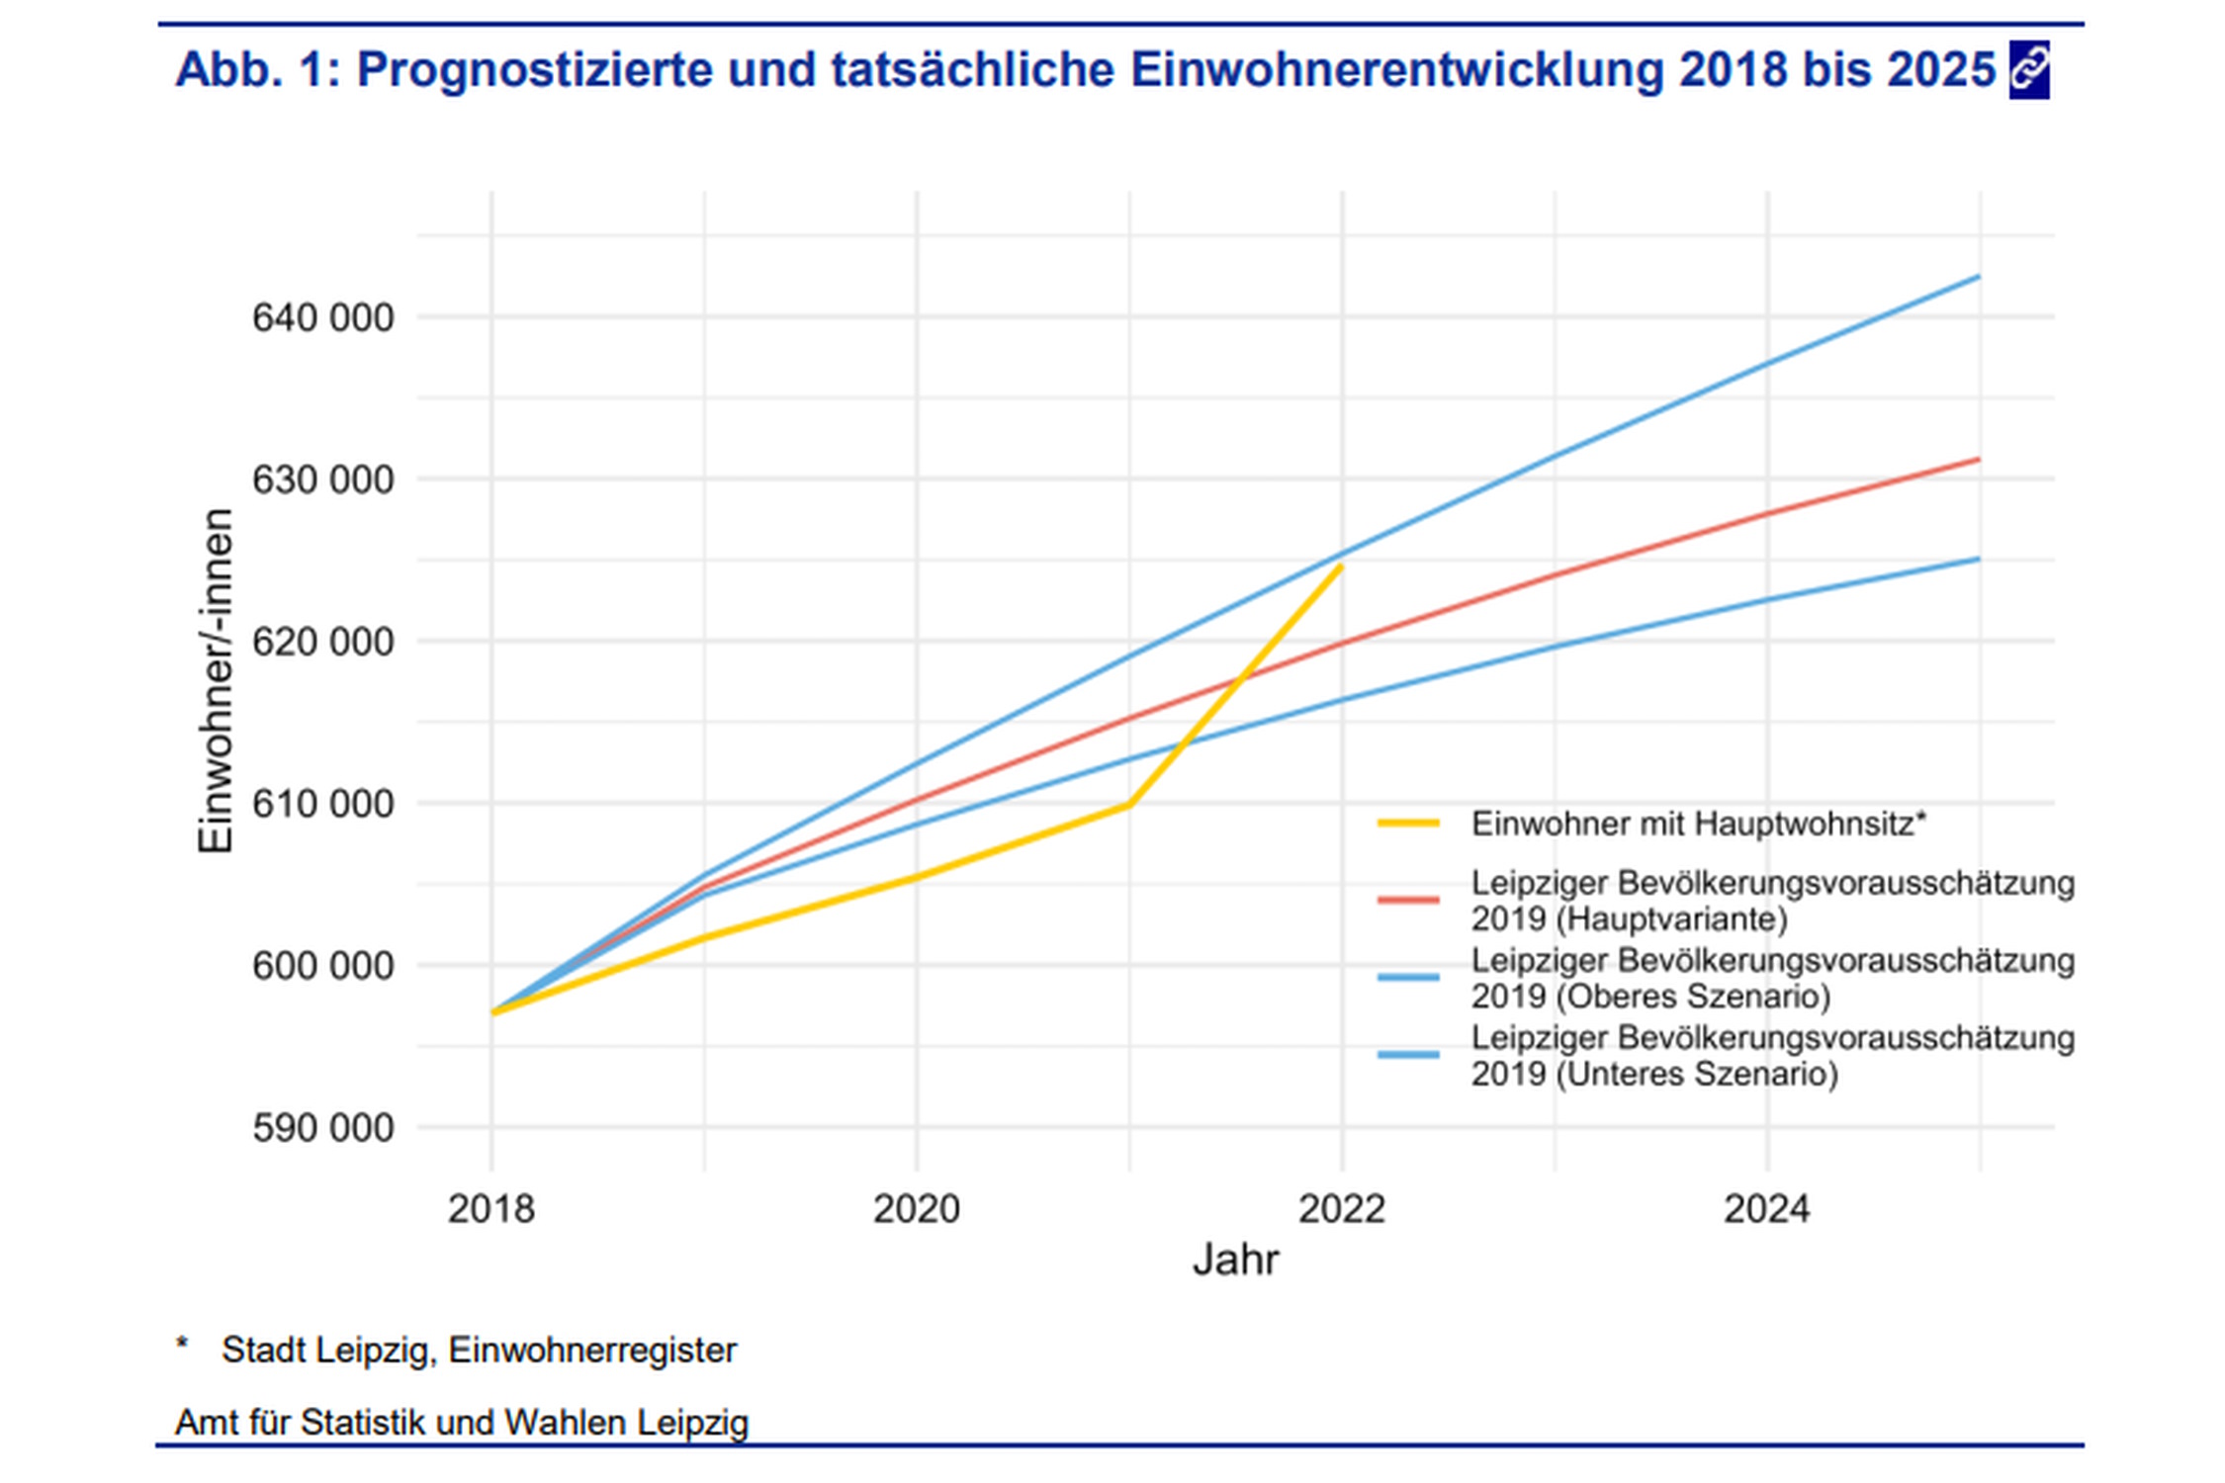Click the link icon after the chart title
pos(2028,70)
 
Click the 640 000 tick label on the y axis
pos(322,318)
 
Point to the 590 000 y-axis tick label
pos(322,1128)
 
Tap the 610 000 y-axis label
pos(322,804)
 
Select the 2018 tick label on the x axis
pos(490,1209)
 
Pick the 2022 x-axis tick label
pos(1341,1209)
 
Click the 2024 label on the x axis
pos(1766,1209)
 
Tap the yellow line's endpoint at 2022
pos(1341,566)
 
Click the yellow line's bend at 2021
pos(1128,806)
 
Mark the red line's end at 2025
pos(1979,459)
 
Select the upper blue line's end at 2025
pos(1979,277)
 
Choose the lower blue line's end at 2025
pos(1979,559)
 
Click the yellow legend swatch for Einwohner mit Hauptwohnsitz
pos(1408,823)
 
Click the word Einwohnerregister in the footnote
pos(592,1350)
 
